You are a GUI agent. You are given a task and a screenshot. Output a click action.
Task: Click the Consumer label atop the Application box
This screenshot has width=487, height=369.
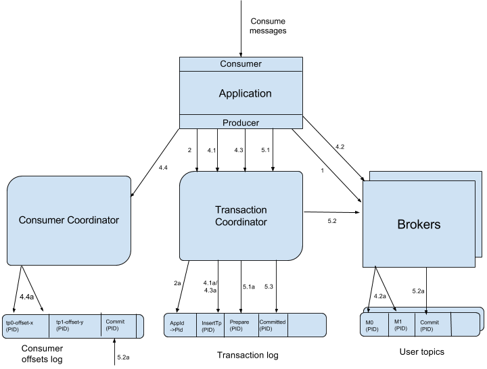[241, 64]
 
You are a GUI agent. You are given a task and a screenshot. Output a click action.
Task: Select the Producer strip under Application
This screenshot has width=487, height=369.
[241, 122]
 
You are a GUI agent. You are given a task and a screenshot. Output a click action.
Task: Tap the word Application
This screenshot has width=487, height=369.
[245, 93]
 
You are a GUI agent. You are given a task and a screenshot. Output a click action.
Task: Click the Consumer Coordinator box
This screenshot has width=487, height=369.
[68, 220]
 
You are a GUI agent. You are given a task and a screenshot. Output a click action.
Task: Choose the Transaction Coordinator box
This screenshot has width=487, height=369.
[241, 216]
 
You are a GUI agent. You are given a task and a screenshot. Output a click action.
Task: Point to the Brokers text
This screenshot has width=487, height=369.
[418, 224]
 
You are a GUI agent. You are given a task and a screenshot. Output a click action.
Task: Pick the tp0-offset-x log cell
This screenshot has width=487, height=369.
[26, 326]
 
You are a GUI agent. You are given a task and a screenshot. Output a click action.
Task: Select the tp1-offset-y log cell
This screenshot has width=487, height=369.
[76, 326]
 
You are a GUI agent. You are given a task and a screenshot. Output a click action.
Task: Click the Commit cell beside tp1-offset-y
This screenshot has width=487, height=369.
[118, 325]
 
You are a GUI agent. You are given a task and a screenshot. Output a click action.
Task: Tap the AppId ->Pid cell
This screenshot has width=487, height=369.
[180, 326]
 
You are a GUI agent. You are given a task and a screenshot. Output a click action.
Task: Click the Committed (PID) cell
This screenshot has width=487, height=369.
[273, 325]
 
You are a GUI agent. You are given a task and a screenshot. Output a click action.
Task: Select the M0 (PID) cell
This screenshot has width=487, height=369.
[375, 326]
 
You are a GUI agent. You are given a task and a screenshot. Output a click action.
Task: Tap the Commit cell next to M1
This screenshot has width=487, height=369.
[432, 325]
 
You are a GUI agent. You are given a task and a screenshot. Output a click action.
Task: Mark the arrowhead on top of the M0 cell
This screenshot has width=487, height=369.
[369, 310]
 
